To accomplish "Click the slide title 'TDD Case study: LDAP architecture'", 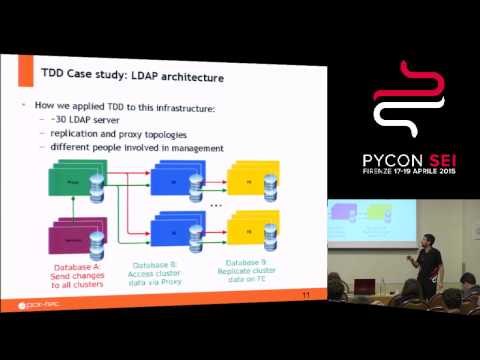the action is click(132, 76).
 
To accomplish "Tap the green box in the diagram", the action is click(74, 184).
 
